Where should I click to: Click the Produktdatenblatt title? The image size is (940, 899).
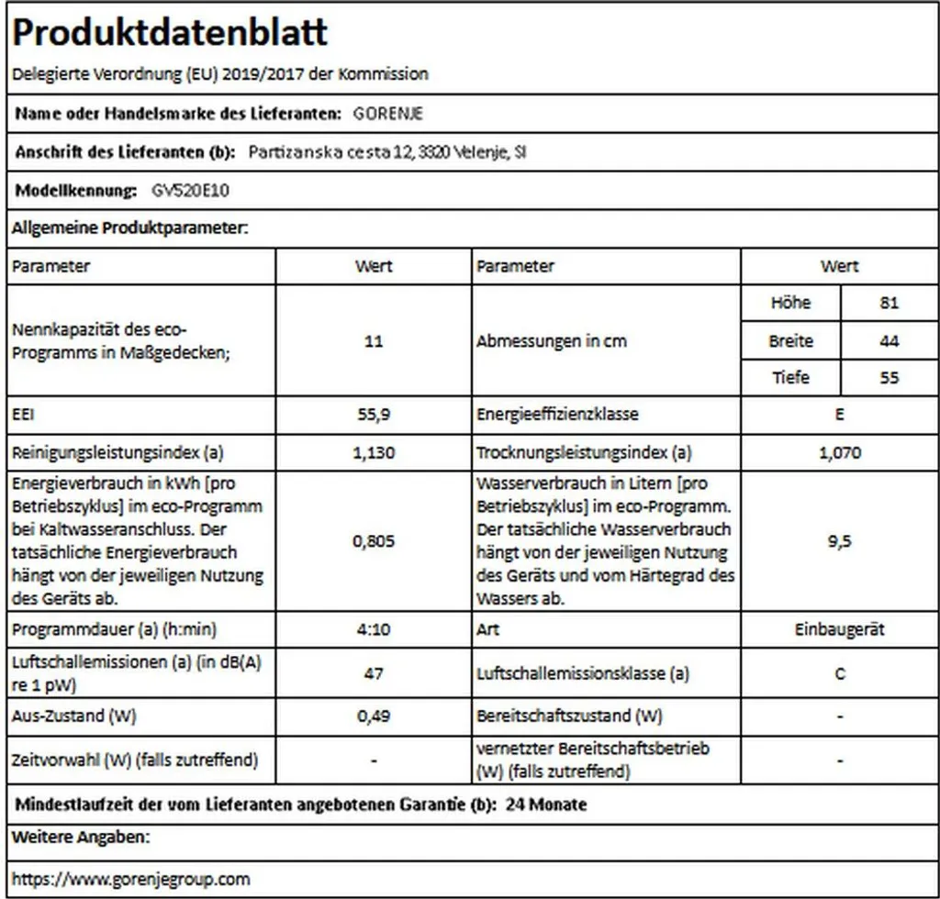pyautogui.click(x=171, y=34)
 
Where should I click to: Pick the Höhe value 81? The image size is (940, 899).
pyautogui.click(x=889, y=303)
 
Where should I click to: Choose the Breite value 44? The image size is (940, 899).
pyautogui.click(x=889, y=341)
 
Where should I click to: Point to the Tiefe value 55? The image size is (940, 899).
pyautogui.click(x=889, y=377)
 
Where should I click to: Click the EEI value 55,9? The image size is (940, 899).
pyautogui.click(x=373, y=414)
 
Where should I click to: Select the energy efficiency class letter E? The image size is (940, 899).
pyautogui.click(x=839, y=414)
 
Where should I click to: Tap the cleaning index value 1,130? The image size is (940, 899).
pyautogui.click(x=373, y=452)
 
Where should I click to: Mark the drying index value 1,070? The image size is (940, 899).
pyautogui.click(x=839, y=452)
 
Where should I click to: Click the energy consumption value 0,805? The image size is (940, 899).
pyautogui.click(x=373, y=541)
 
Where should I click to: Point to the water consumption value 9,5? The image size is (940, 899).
pyautogui.click(x=839, y=541)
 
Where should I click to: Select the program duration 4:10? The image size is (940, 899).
pyautogui.click(x=373, y=630)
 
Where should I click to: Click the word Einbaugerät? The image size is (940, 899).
pyautogui.click(x=839, y=630)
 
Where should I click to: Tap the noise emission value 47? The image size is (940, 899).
pyautogui.click(x=373, y=673)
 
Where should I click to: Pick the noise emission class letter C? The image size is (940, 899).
pyautogui.click(x=839, y=673)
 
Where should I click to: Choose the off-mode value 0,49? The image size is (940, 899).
pyautogui.click(x=373, y=715)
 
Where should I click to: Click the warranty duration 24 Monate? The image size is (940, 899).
pyautogui.click(x=546, y=805)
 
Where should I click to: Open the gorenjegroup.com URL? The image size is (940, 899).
pyautogui.click(x=130, y=879)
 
